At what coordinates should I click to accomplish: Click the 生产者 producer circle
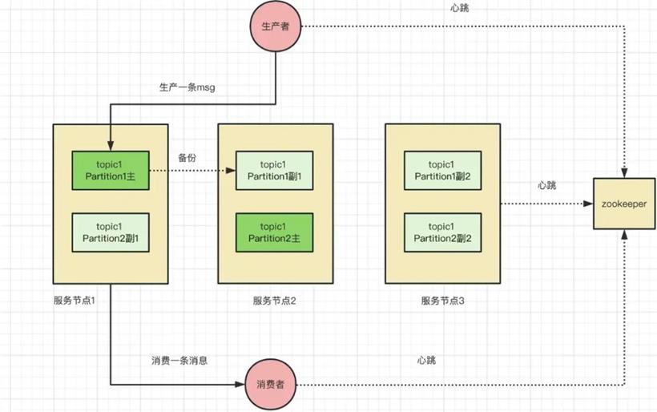tap(276, 26)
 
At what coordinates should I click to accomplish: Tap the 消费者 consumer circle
tap(270, 384)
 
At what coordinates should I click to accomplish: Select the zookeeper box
tap(624, 204)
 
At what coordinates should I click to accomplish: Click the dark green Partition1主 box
tap(111, 171)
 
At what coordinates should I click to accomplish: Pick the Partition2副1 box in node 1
tap(111, 232)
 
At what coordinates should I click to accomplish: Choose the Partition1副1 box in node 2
tap(275, 171)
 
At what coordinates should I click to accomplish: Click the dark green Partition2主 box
tap(275, 232)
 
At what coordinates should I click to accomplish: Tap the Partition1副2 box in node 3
tap(442, 171)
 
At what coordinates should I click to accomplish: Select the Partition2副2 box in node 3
tap(442, 232)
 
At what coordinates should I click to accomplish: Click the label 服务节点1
tap(75, 301)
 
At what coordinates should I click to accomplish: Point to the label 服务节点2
tap(275, 301)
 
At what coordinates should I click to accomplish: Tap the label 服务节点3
tap(442, 301)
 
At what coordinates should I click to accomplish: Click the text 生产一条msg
tap(187, 87)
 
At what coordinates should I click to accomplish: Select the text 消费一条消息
tap(179, 361)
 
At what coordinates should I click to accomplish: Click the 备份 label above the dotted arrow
tap(187, 158)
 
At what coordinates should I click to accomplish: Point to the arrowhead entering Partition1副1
tap(231, 171)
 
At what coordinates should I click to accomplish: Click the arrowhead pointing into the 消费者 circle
tap(240, 384)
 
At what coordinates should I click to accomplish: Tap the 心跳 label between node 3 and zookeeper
tap(546, 185)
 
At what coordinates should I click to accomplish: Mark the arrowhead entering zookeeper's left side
tap(588, 204)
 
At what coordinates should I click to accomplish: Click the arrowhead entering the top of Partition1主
tap(111, 146)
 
